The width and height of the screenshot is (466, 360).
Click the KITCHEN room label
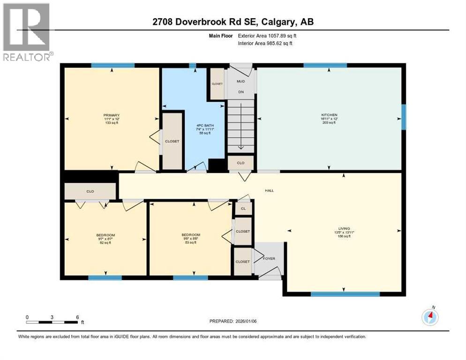(x=329, y=115)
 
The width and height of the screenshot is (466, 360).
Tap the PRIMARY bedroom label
(x=112, y=115)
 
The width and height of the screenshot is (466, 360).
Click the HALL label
(x=269, y=190)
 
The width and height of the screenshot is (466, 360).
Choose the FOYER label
(x=269, y=258)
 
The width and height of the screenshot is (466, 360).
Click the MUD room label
(x=241, y=81)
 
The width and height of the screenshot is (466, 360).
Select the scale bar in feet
(x=52, y=322)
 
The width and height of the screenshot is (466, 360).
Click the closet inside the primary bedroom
(x=172, y=141)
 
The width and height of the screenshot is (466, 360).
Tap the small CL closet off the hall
(x=243, y=208)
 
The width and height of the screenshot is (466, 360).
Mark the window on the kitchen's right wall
(x=403, y=116)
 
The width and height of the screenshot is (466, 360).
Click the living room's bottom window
(x=345, y=294)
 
